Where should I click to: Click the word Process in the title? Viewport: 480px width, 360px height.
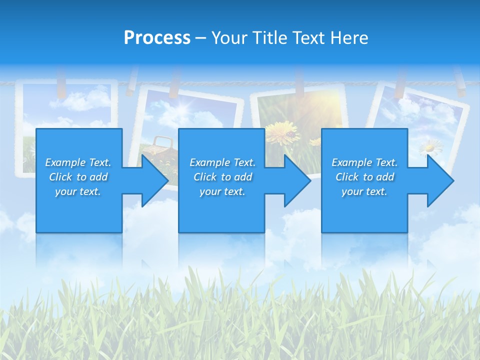(157, 38)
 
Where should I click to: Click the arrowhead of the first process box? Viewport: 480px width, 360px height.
(155, 180)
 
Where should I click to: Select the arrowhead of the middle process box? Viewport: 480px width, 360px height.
(297, 180)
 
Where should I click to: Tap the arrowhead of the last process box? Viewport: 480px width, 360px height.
(440, 180)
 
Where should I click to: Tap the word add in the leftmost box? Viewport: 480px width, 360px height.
(99, 177)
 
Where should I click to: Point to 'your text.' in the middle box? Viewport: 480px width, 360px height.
(222, 191)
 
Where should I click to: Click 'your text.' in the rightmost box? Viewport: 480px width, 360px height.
(364, 191)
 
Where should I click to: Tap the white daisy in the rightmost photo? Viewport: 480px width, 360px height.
(430, 147)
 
